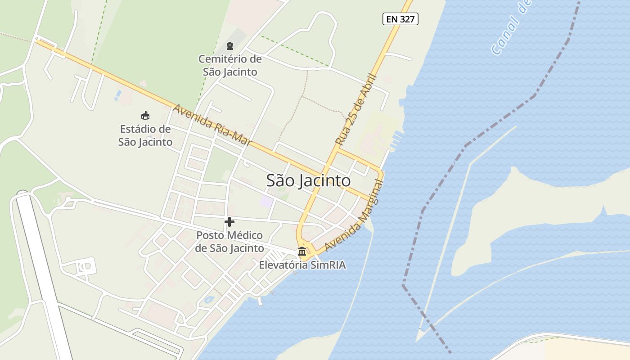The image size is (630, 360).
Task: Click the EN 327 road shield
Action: pyautogui.click(x=400, y=19)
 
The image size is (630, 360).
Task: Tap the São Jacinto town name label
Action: pyautogui.click(x=308, y=180)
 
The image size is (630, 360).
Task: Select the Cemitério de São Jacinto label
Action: pyautogui.click(x=230, y=65)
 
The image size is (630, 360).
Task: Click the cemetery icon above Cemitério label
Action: pyautogui.click(x=230, y=45)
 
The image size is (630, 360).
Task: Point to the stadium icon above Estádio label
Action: pyautogui.click(x=145, y=116)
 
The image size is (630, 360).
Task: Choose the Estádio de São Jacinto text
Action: pyautogui.click(x=145, y=135)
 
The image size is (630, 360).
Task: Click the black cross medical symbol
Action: pyautogui.click(x=229, y=221)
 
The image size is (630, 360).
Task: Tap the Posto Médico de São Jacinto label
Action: pyautogui.click(x=229, y=242)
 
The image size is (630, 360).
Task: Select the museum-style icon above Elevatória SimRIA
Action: pyautogui.click(x=302, y=251)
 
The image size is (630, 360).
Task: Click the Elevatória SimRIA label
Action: pyautogui.click(x=302, y=265)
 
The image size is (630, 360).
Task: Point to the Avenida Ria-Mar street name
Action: pyautogui.click(x=212, y=126)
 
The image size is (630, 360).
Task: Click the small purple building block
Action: pyautogui.click(x=266, y=201)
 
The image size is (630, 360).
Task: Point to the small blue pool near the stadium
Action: pyautogui.click(x=118, y=95)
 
